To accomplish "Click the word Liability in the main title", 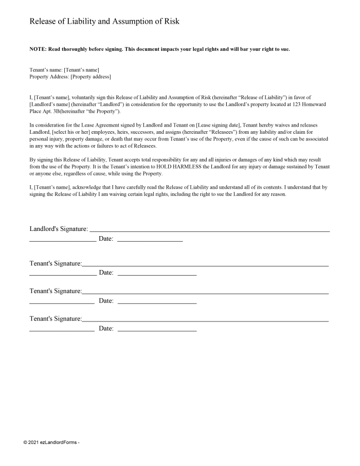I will point(77,22).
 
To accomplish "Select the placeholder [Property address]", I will point(91,77).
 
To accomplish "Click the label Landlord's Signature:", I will point(59,228).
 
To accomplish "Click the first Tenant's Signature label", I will point(56,263).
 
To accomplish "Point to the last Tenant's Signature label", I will point(56,319).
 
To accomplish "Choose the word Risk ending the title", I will point(170,22).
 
